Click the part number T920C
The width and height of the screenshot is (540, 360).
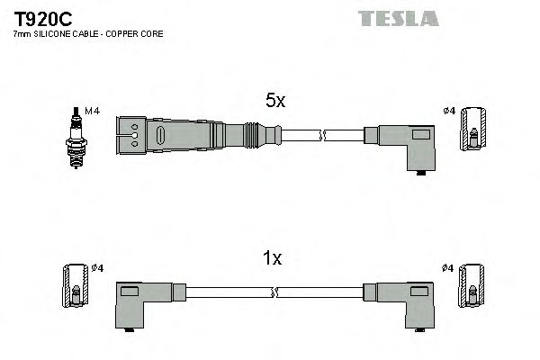coord(42,17)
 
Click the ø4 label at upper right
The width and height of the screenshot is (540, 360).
coord(449,112)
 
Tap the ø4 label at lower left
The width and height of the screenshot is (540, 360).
coord(99,267)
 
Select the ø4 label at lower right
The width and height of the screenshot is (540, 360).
coord(449,267)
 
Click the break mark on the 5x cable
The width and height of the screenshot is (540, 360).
coord(322,136)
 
